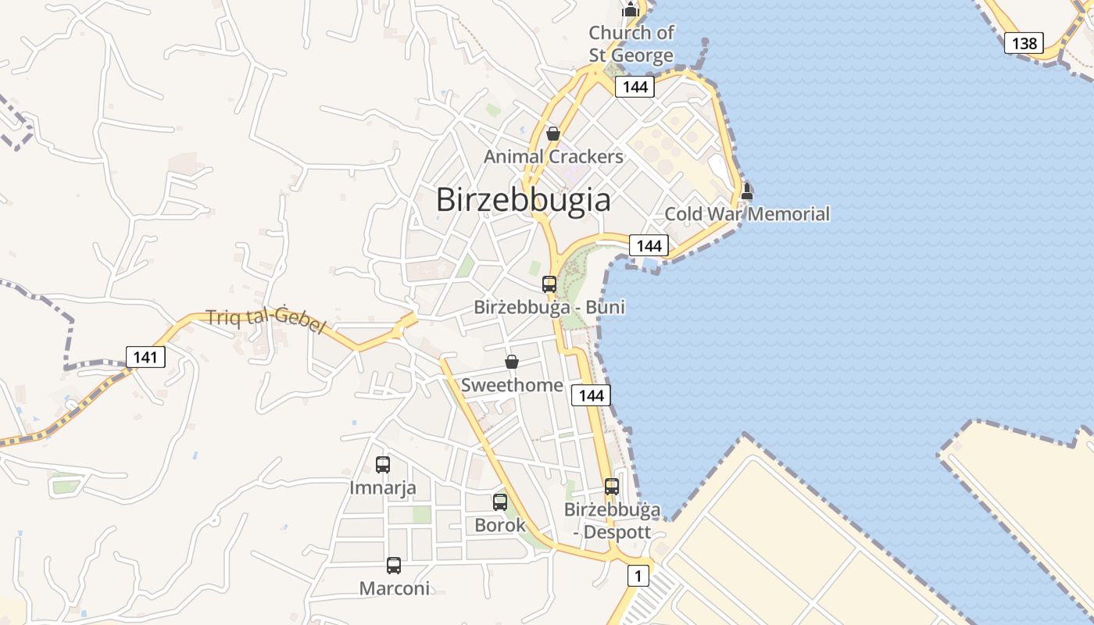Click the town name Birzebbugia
523,199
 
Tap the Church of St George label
631,44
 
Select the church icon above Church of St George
630,9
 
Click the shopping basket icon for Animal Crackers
553,134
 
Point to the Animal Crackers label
553,156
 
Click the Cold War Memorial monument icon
747,191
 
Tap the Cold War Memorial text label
747,214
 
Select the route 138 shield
1024,43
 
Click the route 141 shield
145,358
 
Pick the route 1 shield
638,577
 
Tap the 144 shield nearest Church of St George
635,87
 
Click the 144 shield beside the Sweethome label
591,395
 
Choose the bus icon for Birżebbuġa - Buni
549,284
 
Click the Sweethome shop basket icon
512,362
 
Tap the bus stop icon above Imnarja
383,465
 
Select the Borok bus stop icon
500,502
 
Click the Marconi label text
394,588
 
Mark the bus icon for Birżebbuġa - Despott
612,487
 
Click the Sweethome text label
512,385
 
